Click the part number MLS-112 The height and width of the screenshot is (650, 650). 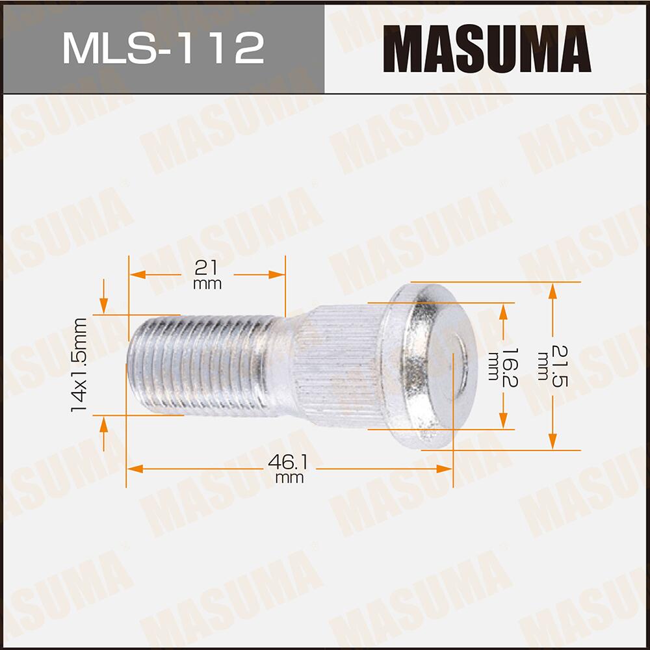tap(163, 48)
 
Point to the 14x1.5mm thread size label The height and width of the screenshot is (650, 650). tap(80, 364)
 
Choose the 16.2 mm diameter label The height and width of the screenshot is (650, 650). tap(500, 366)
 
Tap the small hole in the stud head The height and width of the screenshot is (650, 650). tap(460, 356)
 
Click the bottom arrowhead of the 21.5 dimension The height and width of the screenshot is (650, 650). tap(552, 442)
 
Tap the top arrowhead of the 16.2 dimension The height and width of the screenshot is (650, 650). tap(502, 311)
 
